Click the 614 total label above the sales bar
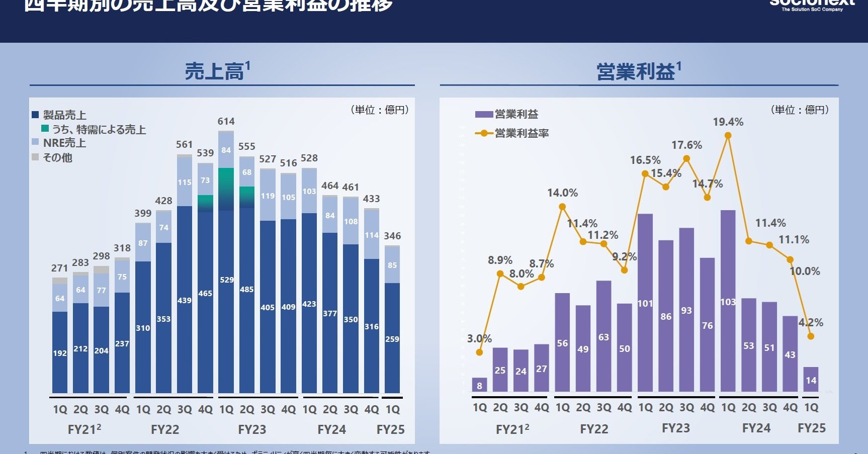226,121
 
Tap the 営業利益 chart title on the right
638,71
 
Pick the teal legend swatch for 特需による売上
45,129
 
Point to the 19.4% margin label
728,122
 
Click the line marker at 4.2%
810,336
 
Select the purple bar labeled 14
811,379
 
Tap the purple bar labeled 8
479,385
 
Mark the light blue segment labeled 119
268,195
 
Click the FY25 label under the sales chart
390,429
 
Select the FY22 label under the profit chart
594,429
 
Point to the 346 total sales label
392,236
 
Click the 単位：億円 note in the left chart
380,110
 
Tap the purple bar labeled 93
686,310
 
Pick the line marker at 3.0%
479,352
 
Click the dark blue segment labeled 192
60,352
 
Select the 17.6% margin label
686,145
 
